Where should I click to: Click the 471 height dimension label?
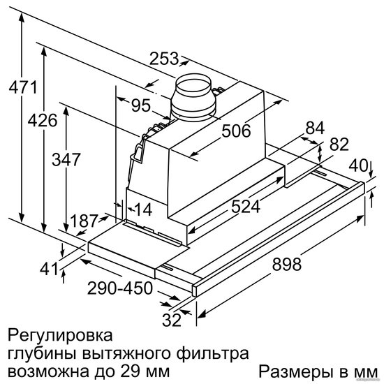[23, 87]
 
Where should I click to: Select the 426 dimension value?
[43, 120]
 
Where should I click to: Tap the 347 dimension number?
[66, 159]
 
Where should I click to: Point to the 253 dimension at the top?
[164, 59]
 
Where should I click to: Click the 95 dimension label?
[141, 105]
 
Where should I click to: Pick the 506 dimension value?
[236, 131]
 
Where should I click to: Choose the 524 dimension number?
[246, 207]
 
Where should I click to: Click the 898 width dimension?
[287, 264]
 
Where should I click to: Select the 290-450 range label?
[120, 288]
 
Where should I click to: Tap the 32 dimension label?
[172, 320]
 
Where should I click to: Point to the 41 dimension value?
[49, 269]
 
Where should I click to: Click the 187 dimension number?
[84, 221]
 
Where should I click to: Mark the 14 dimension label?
[143, 209]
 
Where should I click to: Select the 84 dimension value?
[315, 128]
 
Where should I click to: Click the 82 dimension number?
[339, 145]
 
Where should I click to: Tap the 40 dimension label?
[358, 165]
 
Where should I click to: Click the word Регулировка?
[60, 336]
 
